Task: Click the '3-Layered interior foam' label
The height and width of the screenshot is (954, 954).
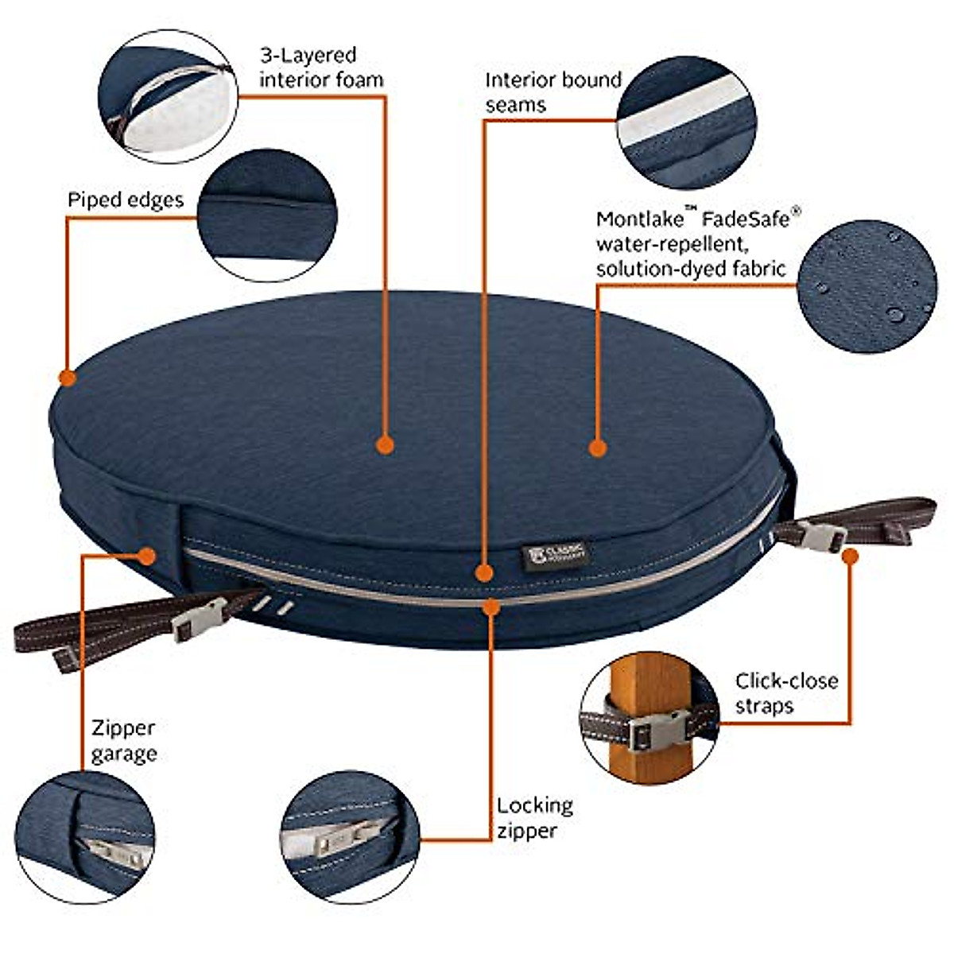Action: click(321, 68)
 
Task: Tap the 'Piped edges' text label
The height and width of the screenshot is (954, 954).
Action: click(125, 200)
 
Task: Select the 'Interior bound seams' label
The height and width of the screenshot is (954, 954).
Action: click(553, 92)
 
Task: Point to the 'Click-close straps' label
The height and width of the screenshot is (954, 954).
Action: click(785, 693)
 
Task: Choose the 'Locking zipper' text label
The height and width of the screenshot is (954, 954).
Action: click(534, 817)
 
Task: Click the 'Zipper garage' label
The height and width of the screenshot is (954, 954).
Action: click(123, 740)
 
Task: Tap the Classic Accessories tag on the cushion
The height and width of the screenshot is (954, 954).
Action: click(556, 554)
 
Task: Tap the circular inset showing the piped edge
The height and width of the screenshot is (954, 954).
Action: click(267, 215)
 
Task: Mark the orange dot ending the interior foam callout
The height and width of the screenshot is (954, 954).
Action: click(385, 444)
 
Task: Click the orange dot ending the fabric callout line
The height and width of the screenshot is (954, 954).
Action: click(599, 448)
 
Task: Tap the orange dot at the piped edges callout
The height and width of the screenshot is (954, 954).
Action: click(68, 377)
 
